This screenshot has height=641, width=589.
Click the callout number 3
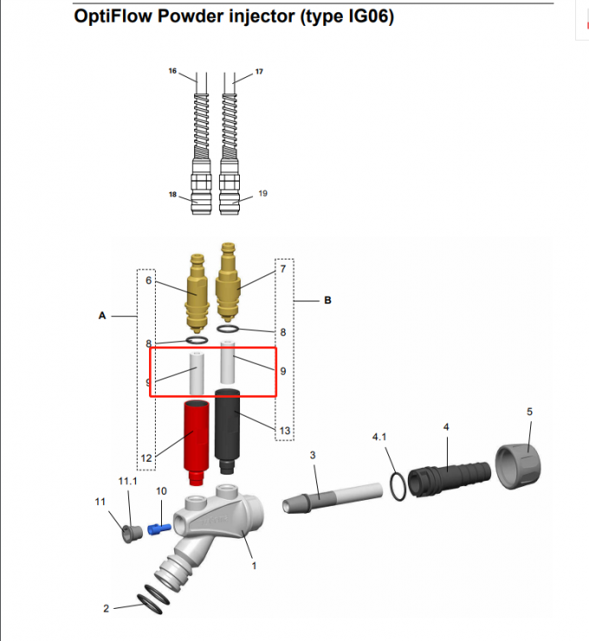coord(312,454)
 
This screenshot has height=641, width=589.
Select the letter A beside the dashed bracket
coord(102,316)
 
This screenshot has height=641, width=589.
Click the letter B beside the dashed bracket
coord(327,301)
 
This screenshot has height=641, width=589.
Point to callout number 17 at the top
coord(259,69)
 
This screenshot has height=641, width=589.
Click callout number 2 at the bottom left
coord(107,609)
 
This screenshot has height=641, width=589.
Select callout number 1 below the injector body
coord(254,566)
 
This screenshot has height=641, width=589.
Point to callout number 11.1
coord(126,480)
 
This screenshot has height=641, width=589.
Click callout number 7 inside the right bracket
coord(282,269)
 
